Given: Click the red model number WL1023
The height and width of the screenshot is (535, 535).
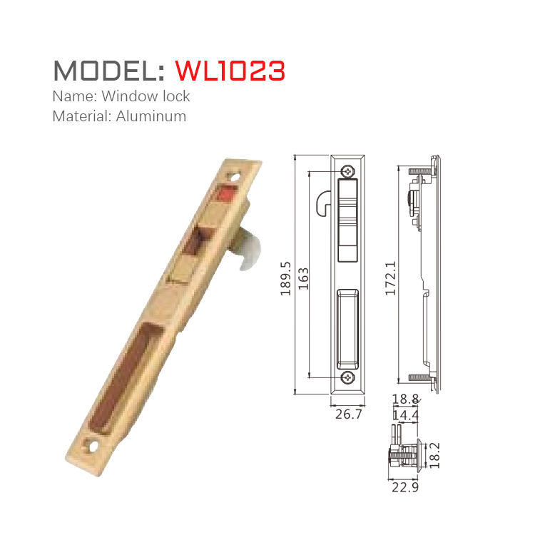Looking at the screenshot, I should tap(230, 70).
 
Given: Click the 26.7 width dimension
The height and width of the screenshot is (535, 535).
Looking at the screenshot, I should tap(348, 414).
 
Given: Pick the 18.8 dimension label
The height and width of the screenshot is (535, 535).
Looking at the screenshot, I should tap(404, 399).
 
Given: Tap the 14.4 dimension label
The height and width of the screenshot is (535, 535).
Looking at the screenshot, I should tap(404, 414).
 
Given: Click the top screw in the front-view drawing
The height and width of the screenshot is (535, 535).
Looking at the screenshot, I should tap(347, 170).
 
